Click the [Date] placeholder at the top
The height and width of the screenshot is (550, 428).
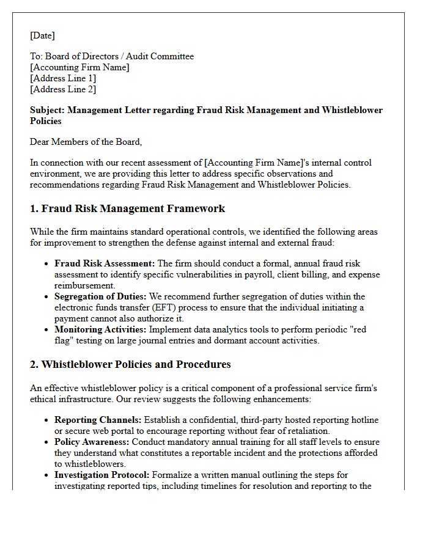(42, 35)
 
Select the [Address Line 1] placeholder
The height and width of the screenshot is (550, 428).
(63, 78)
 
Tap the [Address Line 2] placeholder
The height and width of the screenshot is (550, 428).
(63, 89)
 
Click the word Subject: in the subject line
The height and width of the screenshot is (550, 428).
(47, 110)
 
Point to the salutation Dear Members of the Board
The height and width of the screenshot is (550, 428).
(86, 142)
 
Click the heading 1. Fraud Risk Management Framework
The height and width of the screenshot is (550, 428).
(127, 208)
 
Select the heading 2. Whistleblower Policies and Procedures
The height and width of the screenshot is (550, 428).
(130, 364)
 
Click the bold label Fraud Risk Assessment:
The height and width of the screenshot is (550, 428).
(105, 263)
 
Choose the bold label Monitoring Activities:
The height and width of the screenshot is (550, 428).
(100, 329)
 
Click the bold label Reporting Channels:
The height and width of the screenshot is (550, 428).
(98, 420)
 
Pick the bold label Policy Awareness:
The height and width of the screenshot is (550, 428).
(92, 442)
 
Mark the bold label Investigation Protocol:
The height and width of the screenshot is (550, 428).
(102, 475)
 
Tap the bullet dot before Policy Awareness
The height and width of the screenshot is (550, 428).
(47, 442)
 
